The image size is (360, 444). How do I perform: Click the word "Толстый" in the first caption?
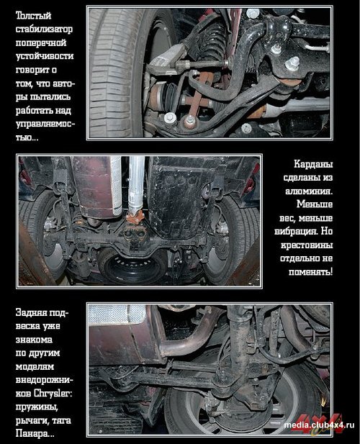tap(33, 15)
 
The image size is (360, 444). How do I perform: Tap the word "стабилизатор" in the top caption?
tap(44, 30)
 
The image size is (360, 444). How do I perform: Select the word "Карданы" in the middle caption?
tap(313, 164)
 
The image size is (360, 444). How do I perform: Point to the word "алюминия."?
tap(309, 191)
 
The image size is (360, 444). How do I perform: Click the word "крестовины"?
tap(307, 245)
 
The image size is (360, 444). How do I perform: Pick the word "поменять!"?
tap(311, 272)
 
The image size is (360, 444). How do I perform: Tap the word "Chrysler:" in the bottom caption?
tap(53, 394)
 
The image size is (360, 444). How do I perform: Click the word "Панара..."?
tap(35, 433)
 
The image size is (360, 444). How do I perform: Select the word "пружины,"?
tap(37, 407)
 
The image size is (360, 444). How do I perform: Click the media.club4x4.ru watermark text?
tap(319, 425)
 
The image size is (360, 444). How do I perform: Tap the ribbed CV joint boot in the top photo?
tap(170, 95)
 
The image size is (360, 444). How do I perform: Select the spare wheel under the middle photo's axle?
tap(132, 264)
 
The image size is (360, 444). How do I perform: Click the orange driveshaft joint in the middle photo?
tap(135, 219)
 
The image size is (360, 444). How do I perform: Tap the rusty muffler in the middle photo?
tap(96, 187)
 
